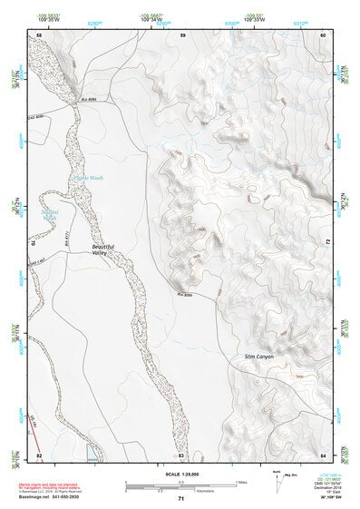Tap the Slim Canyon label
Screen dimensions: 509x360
click(258, 357)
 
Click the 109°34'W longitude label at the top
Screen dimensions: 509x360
click(152, 19)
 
